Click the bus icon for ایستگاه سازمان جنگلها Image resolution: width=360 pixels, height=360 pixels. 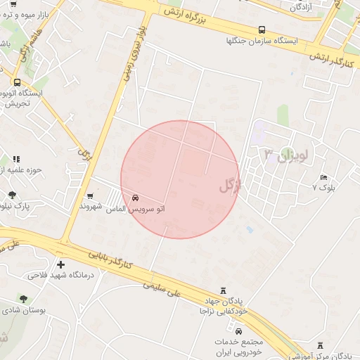pos(262,30)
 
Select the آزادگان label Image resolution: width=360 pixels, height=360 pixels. pos(300,6)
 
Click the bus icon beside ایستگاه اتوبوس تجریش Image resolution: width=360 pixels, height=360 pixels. pos(16,82)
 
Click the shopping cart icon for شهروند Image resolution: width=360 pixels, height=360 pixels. pos(90,196)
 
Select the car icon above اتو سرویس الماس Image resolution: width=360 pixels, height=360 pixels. pos(135,198)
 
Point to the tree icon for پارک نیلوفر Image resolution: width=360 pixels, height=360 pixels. pos(12,195)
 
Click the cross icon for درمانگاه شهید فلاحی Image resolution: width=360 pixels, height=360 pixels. pos(61,265)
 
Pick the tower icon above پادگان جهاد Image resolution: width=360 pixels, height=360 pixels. pos(224,290)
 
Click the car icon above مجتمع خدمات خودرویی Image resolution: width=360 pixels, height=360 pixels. pos(239,331)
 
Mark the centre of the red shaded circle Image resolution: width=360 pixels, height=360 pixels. pos(180,180)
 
